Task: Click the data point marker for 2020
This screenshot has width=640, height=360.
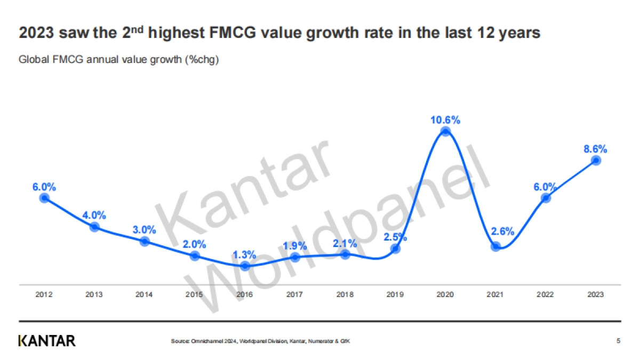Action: [x=445, y=132]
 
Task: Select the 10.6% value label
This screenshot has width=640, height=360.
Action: [x=445, y=119]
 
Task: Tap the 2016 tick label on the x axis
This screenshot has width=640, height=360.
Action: [x=245, y=294]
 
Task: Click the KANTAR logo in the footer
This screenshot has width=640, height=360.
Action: [x=47, y=341]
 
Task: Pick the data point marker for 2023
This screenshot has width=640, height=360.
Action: [x=596, y=161]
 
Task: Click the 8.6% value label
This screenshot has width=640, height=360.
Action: [x=596, y=149]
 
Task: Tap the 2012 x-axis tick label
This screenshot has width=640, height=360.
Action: [x=44, y=294]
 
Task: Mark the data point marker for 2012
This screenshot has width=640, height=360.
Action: [x=44, y=198]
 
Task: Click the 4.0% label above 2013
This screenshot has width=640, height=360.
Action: [x=94, y=215]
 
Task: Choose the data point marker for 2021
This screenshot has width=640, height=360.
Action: [x=495, y=246]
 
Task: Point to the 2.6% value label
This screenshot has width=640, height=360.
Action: [x=502, y=231]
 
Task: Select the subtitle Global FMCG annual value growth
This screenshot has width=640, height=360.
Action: [x=119, y=59]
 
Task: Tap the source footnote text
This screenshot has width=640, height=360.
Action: [x=261, y=341]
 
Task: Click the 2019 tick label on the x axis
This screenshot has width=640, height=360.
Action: [x=395, y=294]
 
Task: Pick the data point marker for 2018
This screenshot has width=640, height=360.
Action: [x=345, y=254]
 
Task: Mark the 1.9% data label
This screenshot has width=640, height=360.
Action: [x=295, y=246]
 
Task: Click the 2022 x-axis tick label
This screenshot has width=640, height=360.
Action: [x=546, y=294]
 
